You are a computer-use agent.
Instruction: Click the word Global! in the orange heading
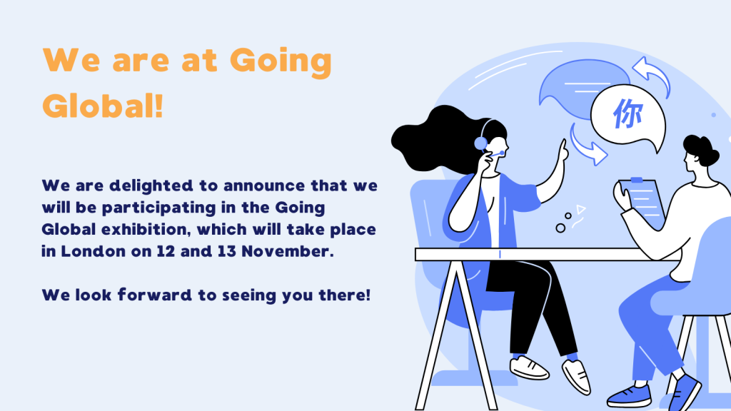pyautogui.click(x=103, y=106)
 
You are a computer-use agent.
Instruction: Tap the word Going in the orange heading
pyautogui.click(x=281, y=61)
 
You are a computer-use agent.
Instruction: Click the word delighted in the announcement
pyautogui.click(x=151, y=186)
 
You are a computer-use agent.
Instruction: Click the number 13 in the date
pyautogui.click(x=226, y=252)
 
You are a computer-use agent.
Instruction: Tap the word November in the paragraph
pyautogui.click(x=288, y=252)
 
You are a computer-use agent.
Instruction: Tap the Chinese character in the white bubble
pyautogui.click(x=627, y=113)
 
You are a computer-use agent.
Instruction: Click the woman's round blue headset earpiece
pyautogui.click(x=480, y=143)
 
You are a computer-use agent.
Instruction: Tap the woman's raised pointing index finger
pyautogui.click(x=564, y=149)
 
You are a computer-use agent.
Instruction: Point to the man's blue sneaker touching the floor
pyautogui.click(x=630, y=396)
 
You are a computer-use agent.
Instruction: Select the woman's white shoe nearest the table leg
pyautogui.click(x=529, y=367)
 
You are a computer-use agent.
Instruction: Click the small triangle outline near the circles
pyautogui.click(x=580, y=209)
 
